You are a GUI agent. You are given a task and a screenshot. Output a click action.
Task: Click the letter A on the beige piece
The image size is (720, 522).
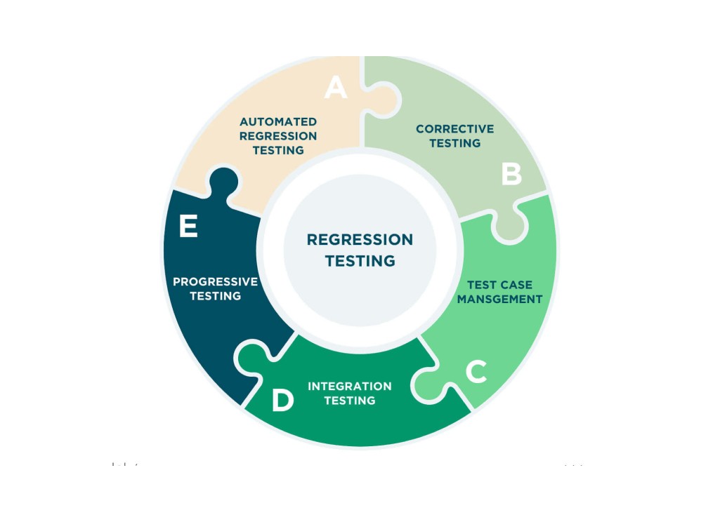click(x=336, y=88)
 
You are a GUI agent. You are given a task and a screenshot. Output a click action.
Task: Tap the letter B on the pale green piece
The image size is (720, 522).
click(x=511, y=174)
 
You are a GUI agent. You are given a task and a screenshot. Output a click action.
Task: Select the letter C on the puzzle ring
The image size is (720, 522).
click(x=476, y=372)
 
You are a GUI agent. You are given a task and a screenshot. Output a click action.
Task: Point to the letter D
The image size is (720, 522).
click(x=282, y=401)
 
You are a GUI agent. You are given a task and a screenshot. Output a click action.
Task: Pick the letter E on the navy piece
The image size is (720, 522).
click(x=188, y=227)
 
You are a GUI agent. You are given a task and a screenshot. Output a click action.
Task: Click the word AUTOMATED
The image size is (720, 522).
click(x=278, y=122)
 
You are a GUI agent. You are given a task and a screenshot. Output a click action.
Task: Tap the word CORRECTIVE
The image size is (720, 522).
click(x=454, y=129)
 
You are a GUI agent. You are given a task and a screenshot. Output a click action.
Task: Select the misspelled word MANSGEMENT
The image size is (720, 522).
click(x=499, y=299)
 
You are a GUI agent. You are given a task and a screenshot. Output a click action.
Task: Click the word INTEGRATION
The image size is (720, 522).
click(x=350, y=386)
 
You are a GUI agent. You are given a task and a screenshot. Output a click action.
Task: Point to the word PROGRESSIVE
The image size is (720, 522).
click(x=216, y=282)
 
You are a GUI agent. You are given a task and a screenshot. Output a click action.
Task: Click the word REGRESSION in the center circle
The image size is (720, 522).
click(x=360, y=240)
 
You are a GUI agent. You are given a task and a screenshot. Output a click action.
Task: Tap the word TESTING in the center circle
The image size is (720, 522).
click(x=360, y=261)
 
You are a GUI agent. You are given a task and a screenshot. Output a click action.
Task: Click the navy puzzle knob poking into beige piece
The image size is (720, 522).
click(x=223, y=183)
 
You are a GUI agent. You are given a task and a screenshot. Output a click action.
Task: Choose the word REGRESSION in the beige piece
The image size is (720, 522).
click(x=278, y=136)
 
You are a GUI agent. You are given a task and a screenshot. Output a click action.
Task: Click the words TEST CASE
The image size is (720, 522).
click(x=499, y=285)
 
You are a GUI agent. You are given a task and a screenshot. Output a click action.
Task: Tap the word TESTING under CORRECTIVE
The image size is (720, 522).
click(x=454, y=143)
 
